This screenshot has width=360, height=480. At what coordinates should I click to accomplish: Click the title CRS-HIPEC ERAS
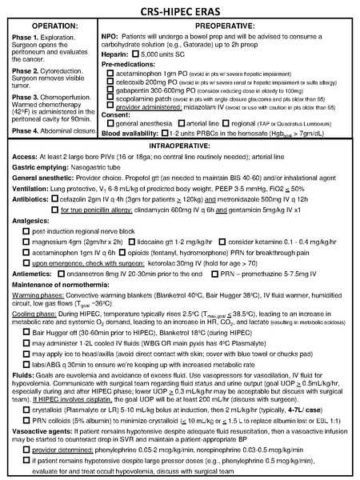[x=180, y=11]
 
